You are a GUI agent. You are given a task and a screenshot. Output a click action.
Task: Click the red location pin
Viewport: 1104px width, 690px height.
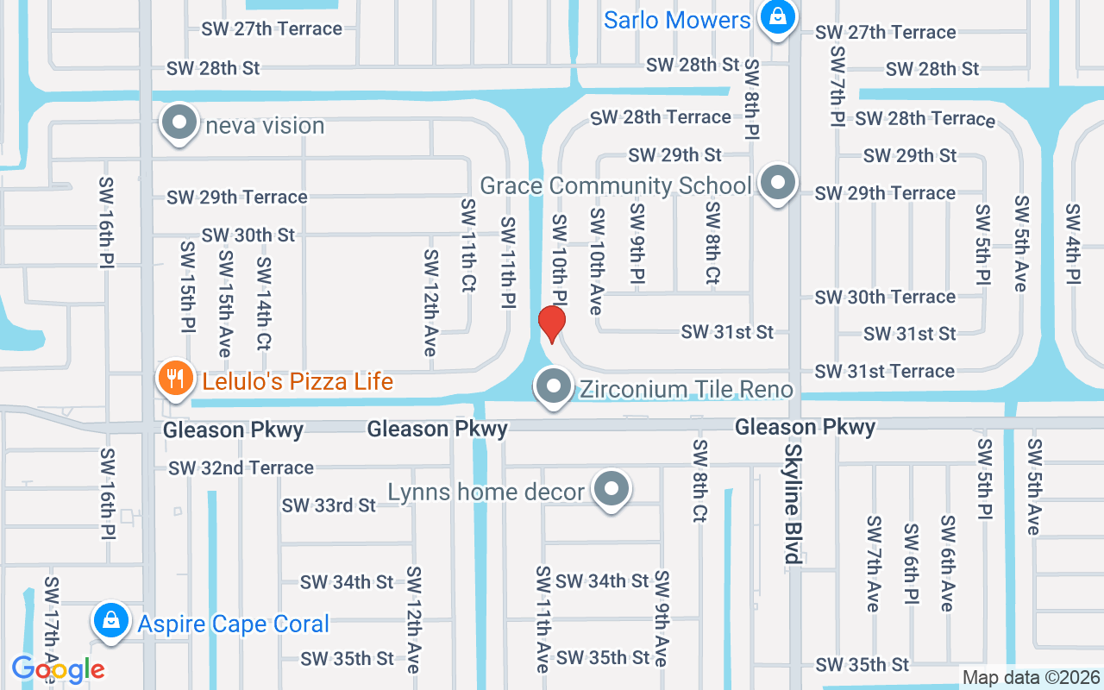click(x=551, y=323)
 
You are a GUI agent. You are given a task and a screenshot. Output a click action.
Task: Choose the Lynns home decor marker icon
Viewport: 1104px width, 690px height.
click(x=612, y=490)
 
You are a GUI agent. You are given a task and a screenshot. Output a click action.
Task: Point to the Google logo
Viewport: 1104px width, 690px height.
click(x=58, y=669)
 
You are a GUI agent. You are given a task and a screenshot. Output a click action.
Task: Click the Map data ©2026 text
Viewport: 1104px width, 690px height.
click(x=1031, y=677)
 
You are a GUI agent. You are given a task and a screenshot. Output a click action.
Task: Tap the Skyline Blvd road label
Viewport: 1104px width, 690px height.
click(x=792, y=505)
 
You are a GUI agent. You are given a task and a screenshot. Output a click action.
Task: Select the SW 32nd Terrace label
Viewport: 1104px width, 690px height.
click(x=241, y=467)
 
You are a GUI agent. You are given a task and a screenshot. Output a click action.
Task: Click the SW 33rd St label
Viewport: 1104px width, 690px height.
click(x=329, y=505)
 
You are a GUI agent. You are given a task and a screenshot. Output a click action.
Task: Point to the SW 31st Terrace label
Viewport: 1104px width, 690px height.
click(x=884, y=371)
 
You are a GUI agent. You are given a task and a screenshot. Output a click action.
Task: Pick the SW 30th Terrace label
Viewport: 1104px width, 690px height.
click(x=885, y=297)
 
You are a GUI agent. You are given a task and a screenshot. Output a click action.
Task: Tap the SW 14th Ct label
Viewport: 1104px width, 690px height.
click(x=264, y=304)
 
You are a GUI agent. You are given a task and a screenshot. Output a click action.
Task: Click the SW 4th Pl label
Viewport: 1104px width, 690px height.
click(x=1072, y=244)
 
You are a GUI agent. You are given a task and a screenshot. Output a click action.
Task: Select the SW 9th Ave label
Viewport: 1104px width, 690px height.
click(x=661, y=618)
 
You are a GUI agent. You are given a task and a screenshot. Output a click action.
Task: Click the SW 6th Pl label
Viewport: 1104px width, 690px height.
click(x=911, y=563)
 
